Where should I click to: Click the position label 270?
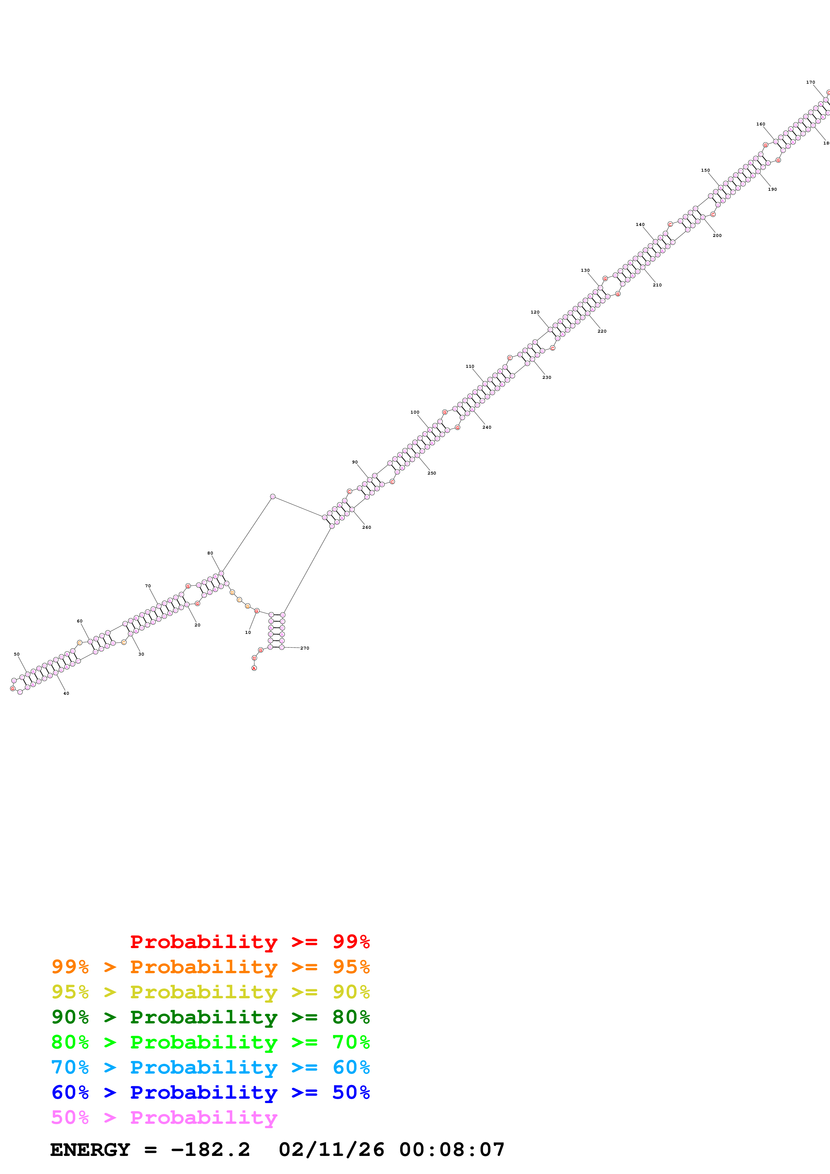(x=304, y=648)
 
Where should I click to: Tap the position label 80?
(x=210, y=553)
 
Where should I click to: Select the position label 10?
(x=248, y=633)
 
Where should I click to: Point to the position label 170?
(x=811, y=82)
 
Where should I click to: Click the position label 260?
(x=367, y=527)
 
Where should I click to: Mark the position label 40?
(x=66, y=693)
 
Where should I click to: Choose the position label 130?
(x=585, y=270)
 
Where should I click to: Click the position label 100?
(x=415, y=412)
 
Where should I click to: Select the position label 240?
(x=487, y=427)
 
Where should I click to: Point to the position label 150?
(x=705, y=170)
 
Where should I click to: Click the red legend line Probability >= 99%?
(x=249, y=942)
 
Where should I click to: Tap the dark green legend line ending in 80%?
(x=210, y=1017)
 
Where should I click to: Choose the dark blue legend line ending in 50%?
(x=210, y=1092)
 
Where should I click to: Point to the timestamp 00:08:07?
(x=452, y=1150)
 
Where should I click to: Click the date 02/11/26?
(x=331, y=1150)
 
